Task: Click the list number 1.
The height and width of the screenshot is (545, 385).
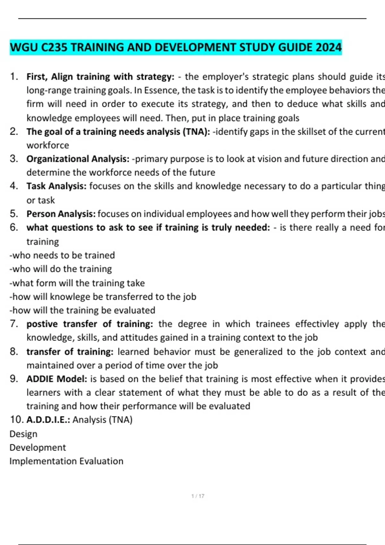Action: click(x=13, y=77)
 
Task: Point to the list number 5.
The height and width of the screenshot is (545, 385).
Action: click(x=13, y=214)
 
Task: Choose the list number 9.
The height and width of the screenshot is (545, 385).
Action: click(x=13, y=379)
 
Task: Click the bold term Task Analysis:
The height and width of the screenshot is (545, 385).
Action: click(x=56, y=186)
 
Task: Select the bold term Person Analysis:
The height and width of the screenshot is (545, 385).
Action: click(x=61, y=214)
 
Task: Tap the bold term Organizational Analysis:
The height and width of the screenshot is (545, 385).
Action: click(x=78, y=159)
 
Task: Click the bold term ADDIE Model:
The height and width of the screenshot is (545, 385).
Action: click(x=57, y=379)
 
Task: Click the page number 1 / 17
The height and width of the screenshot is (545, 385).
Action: click(x=198, y=496)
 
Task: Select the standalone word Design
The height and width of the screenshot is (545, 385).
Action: click(x=23, y=434)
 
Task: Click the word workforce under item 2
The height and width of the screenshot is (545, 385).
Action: click(x=48, y=145)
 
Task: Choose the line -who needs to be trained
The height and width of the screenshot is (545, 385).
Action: click(x=62, y=255)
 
